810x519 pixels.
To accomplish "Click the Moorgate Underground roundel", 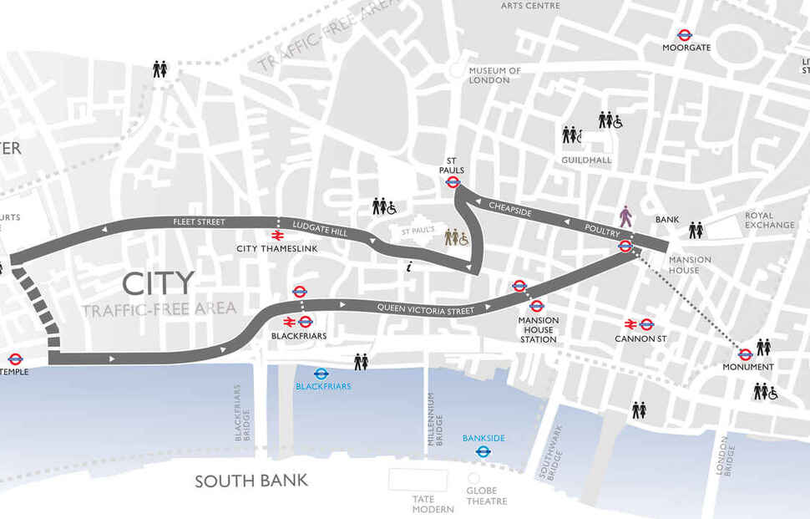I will (x=685, y=35).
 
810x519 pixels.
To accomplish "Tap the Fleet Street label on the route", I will (x=199, y=221).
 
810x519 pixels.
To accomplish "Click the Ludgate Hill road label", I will (x=320, y=228).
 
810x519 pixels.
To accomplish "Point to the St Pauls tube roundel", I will (x=453, y=182).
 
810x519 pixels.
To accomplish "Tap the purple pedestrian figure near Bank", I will (x=626, y=216).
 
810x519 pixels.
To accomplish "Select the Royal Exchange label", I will (x=770, y=220).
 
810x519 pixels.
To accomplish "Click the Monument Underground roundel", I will (x=744, y=354).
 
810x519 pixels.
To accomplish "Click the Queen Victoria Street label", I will (x=426, y=308).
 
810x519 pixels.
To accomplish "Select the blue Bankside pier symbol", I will (x=482, y=451).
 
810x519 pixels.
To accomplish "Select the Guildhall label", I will (x=585, y=160).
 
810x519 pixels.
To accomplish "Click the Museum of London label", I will (x=494, y=75).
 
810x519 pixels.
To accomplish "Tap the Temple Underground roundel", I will (x=13, y=359).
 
